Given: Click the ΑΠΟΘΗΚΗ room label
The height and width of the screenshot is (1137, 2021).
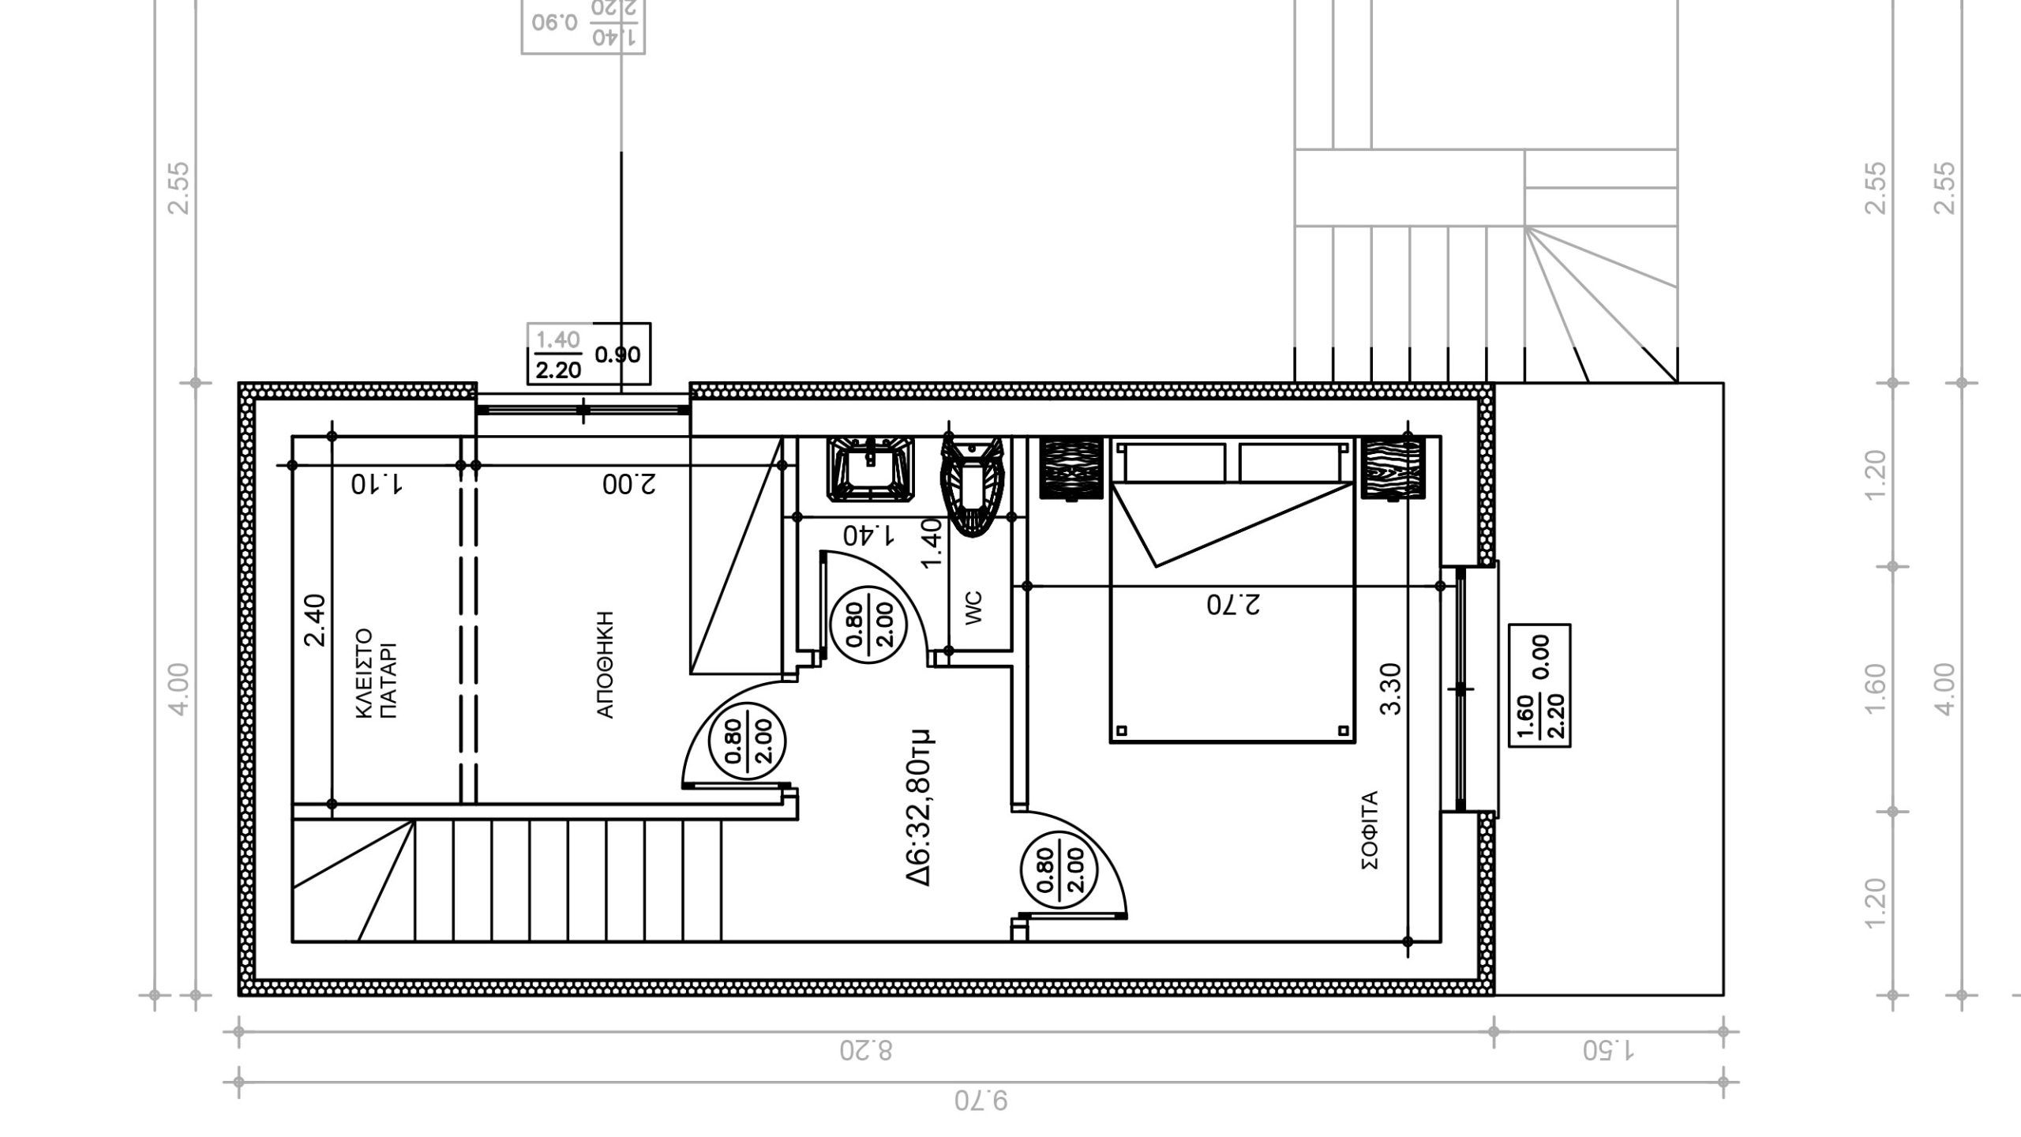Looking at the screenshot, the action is pos(606,664).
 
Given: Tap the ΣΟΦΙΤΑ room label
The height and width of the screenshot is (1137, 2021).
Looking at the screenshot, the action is pos(1370,830).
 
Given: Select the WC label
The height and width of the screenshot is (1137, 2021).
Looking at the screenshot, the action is pos(974,609).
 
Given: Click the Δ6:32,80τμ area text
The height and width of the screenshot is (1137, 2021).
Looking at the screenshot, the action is pos(920,807).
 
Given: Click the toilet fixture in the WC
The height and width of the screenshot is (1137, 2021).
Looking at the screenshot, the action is pos(972,488).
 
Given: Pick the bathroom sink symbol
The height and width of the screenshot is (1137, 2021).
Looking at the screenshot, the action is pos(871,470).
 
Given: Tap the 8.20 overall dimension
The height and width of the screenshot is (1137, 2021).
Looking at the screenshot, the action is pos(865,1051).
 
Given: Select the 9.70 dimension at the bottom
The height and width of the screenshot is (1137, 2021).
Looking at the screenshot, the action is pos(981,1100).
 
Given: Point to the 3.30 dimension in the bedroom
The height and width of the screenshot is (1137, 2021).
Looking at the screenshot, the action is pos(1391,689).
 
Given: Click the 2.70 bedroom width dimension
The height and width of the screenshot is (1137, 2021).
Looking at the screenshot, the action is pos(1234,605).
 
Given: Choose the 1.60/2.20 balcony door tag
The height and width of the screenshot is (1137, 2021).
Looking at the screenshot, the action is pos(1539,685).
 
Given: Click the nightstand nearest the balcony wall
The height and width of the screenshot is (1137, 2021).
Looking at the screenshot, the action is pos(1392,469).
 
